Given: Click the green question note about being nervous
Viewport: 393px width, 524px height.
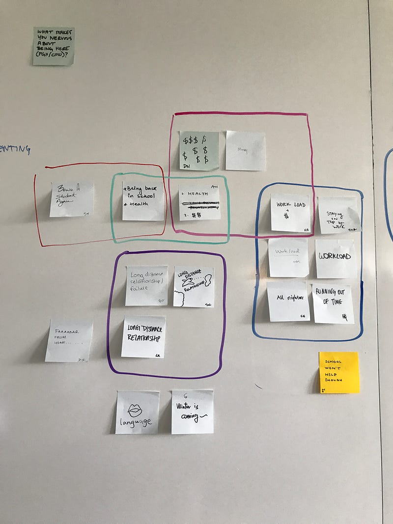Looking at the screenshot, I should point(54,46).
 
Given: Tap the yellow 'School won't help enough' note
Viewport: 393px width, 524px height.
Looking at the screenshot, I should point(339,372).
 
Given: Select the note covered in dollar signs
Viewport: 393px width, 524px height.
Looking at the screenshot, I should point(198,150).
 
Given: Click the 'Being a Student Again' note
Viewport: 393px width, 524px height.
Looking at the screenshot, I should point(71,199).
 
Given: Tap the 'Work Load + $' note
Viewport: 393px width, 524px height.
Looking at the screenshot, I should point(290,212).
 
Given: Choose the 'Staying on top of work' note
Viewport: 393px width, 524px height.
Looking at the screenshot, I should point(339,215).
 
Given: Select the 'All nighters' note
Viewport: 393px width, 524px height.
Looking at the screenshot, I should point(288,301).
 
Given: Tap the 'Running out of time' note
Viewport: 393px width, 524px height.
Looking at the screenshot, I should point(333,303).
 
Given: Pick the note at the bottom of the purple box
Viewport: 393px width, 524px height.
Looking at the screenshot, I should point(143,336).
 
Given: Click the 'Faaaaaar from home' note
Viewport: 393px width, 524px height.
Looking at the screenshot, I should point(69,341).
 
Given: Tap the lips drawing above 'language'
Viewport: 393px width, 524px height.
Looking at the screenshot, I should point(135,410).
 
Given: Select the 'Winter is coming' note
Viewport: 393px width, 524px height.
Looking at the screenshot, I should point(193,412).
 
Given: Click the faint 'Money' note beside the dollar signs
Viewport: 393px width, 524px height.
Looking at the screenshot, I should point(245,150).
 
